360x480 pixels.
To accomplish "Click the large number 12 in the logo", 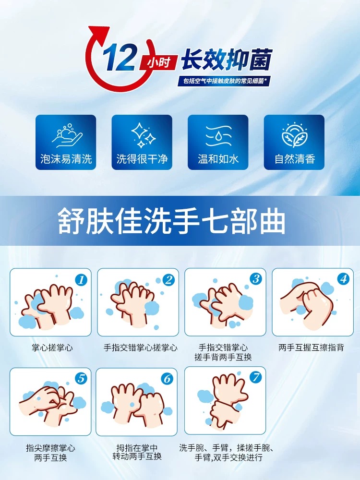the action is point(120,57).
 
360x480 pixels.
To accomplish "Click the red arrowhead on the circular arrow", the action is point(99,34).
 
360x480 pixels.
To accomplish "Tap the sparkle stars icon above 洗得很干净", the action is point(143,135).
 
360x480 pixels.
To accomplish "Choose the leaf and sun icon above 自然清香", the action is point(294,135).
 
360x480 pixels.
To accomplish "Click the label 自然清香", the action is point(295,159).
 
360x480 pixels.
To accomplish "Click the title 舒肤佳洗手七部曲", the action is point(171,221).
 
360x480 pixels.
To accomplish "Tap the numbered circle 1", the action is point(81,280).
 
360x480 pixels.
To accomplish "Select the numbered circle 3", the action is point(256,278).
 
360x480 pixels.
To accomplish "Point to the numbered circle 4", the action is point(343,278).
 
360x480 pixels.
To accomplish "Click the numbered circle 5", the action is point(81,379).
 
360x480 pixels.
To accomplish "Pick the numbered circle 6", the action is point(167,379).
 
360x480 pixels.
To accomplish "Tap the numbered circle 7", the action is point(256,377).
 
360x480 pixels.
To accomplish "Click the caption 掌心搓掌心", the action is point(52,348).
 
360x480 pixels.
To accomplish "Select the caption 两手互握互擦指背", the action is point(312,348).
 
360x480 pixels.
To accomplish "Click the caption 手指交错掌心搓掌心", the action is point(141,348).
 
